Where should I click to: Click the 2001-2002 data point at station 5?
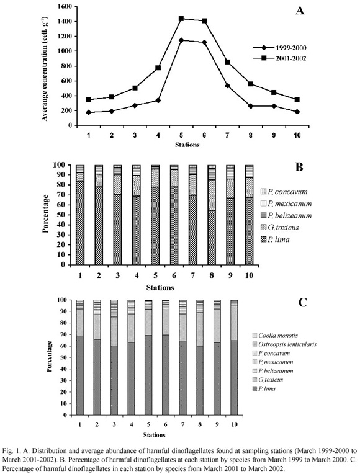click(x=181, y=19)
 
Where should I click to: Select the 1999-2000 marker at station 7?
click(x=228, y=86)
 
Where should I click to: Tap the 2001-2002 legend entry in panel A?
click(x=279, y=58)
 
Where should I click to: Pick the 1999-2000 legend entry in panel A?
click(x=279, y=48)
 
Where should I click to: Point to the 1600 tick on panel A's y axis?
click(x=64, y=6)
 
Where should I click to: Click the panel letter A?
click(x=300, y=11)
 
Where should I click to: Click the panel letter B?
click(x=299, y=166)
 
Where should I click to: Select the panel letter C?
click(x=302, y=302)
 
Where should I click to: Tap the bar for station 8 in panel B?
click(x=212, y=215)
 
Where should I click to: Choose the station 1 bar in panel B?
click(x=80, y=215)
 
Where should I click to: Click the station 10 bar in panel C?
click(x=234, y=357)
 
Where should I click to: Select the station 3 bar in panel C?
click(x=114, y=357)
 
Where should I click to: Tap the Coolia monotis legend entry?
click(x=275, y=335)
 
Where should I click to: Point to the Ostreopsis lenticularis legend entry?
click(x=284, y=344)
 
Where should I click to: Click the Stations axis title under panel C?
click(x=155, y=435)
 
